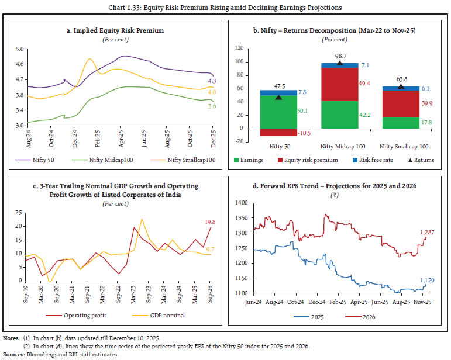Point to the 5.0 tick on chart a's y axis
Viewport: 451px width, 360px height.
(19, 50)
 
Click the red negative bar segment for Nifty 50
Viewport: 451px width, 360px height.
(278, 131)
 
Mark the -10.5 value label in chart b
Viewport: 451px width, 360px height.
(304, 133)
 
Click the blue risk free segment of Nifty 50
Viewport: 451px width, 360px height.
(278, 92)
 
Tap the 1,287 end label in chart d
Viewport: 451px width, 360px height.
(426, 233)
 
